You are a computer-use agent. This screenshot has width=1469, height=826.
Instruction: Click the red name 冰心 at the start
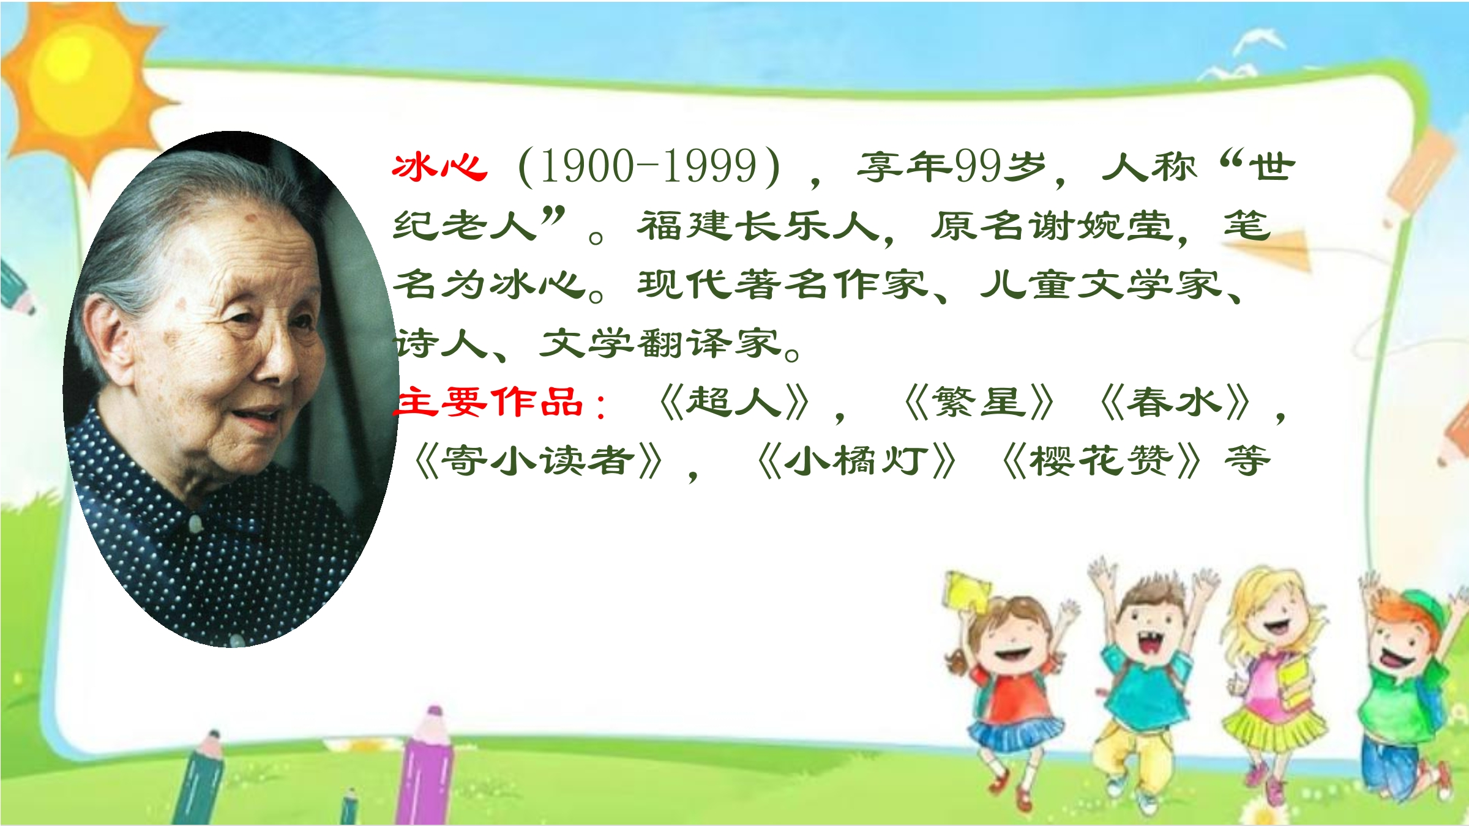click(439, 166)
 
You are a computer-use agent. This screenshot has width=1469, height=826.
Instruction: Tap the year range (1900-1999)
click(649, 166)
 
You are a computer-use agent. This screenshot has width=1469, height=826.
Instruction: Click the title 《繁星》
click(979, 403)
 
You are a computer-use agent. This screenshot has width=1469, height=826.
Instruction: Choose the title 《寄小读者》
click(539, 461)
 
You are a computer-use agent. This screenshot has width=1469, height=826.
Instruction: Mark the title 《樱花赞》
click(1102, 461)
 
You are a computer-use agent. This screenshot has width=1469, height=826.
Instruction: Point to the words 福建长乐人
click(758, 225)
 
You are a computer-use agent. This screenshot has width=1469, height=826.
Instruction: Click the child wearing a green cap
click(1408, 691)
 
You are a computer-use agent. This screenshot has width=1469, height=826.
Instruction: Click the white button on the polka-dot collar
click(195, 524)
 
